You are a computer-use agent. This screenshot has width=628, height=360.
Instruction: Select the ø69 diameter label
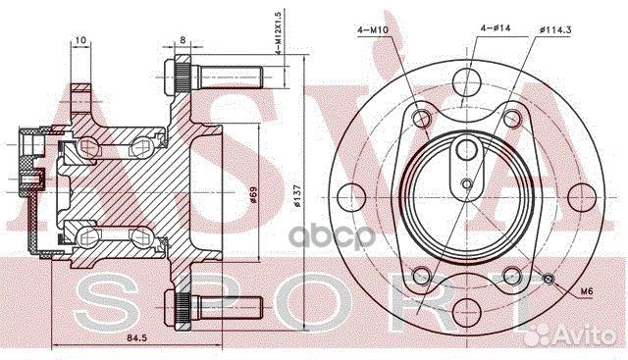252,197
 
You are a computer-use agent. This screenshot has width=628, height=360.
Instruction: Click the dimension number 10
79,41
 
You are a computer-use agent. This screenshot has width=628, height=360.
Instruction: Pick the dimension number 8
183,41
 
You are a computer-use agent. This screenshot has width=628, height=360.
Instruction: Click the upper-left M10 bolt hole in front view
423,119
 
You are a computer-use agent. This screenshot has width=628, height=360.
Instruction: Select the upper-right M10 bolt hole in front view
509,119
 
